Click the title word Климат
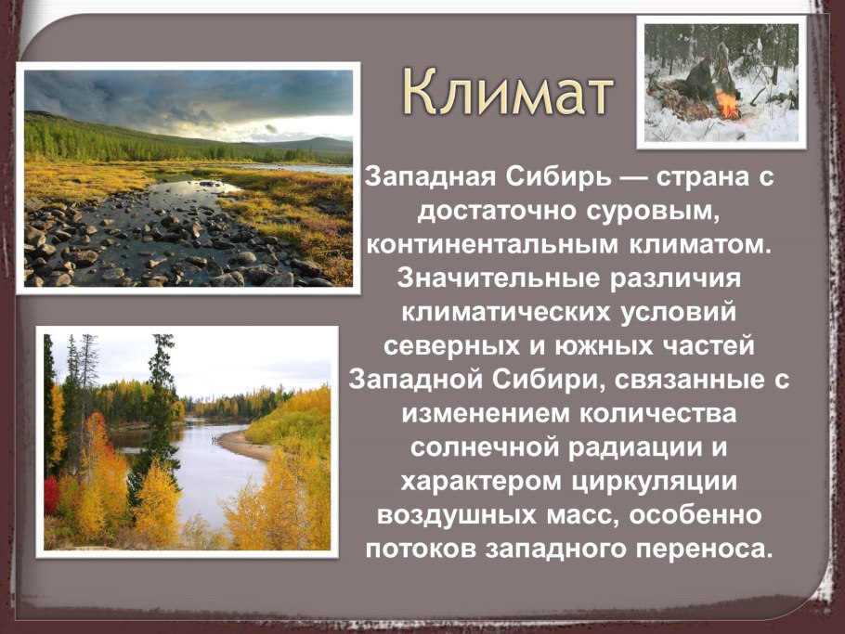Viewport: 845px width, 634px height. click(509, 94)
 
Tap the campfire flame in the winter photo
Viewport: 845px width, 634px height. click(727, 105)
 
